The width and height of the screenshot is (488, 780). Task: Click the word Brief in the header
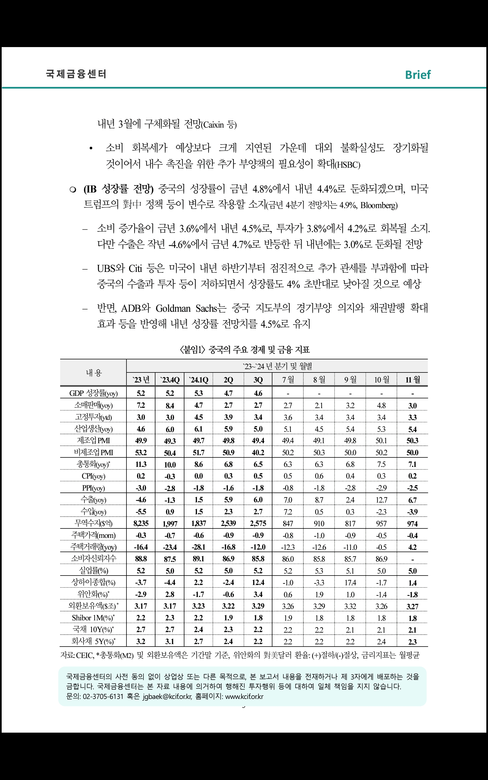coord(418,75)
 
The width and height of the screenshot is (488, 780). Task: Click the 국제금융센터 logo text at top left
coord(76,74)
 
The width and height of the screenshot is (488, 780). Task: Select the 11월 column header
coord(413,379)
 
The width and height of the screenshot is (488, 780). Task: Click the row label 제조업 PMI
coord(93,440)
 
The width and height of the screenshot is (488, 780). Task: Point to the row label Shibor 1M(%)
coord(93,618)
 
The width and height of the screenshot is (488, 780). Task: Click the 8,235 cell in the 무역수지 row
coord(141,523)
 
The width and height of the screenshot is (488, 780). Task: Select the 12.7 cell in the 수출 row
coord(381,499)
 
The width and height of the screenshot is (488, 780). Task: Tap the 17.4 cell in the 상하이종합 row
coord(350,582)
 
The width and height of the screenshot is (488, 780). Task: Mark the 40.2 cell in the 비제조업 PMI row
coord(258,452)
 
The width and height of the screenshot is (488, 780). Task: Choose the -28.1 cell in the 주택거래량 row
coord(199,547)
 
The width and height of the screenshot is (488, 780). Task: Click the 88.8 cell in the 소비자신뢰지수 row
coord(141,559)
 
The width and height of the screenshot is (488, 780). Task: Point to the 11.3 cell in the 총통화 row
coord(141,464)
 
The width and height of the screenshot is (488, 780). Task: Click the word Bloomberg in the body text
coord(378,205)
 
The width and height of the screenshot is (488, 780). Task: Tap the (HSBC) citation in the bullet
coord(348,165)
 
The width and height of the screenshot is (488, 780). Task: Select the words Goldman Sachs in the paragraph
coord(186,308)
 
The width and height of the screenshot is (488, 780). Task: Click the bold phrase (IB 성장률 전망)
coord(118,189)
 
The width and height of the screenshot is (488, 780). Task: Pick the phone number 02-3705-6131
coord(103,696)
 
